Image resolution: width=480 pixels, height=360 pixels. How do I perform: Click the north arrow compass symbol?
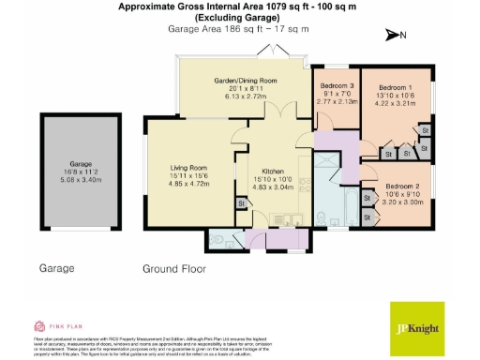pos(393,36)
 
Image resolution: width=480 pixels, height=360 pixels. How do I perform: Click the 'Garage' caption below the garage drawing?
pos(57,268)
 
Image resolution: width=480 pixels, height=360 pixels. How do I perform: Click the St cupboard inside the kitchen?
pos(241,202)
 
